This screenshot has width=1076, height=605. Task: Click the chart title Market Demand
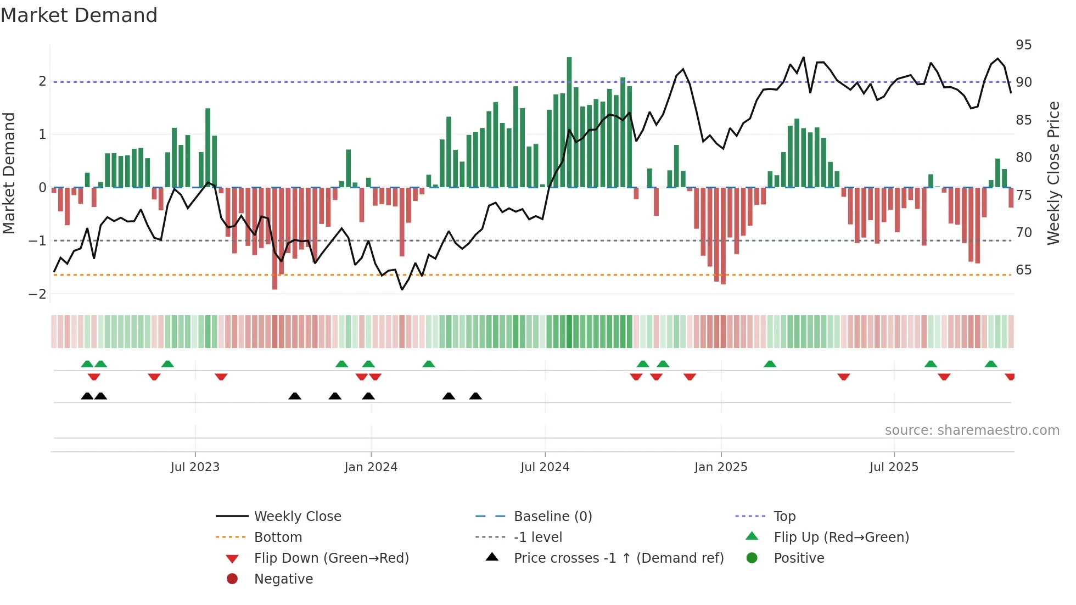tap(79, 15)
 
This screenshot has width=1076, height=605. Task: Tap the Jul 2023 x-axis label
tap(195, 467)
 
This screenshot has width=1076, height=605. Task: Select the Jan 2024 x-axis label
tap(371, 467)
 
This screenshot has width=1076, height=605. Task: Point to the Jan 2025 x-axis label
tap(720, 467)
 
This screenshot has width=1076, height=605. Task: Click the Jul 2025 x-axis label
tap(893, 467)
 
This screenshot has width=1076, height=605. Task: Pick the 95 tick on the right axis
tap(1023, 45)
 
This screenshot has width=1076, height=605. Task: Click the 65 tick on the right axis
tap(1023, 270)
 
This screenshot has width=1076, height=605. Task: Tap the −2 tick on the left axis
tap(37, 294)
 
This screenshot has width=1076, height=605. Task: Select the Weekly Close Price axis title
tap(1053, 173)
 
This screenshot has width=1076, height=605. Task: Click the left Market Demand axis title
tap(9, 173)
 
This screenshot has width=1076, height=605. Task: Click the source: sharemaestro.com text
tap(972, 430)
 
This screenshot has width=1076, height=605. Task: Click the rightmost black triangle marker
tap(475, 396)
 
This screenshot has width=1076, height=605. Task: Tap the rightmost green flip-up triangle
tap(990, 364)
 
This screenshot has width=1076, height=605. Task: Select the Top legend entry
tap(784, 517)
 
